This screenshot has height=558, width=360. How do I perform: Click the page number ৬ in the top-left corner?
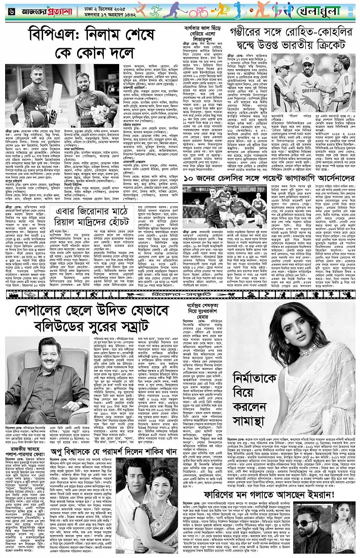pyautogui.click(x=10, y=10)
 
